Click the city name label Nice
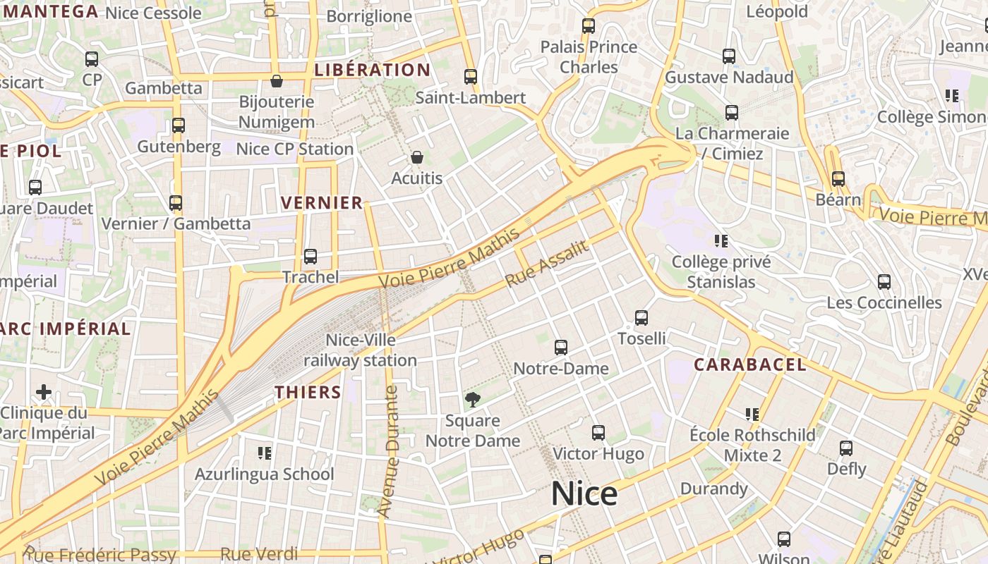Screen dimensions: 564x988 [584, 493]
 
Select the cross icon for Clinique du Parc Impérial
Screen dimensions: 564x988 [44, 391]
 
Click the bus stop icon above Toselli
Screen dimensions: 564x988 [641, 318]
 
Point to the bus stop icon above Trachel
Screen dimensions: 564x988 [311, 257]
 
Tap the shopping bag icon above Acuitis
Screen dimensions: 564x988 [417, 157]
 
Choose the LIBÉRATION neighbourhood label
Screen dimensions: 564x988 [372, 70]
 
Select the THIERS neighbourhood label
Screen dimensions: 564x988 [308, 393]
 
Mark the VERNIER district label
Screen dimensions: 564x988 [322, 203]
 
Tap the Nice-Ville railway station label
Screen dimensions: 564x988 [361, 350]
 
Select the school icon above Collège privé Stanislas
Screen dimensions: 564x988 [721, 241]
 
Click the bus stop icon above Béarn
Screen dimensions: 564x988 [838, 179]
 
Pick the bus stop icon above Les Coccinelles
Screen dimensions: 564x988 [884, 282]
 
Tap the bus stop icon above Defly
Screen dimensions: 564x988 [846, 448]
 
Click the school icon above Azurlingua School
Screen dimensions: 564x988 [265, 453]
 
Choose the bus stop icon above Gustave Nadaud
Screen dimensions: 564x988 [729, 56]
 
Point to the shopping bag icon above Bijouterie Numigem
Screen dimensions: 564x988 [277, 81]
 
